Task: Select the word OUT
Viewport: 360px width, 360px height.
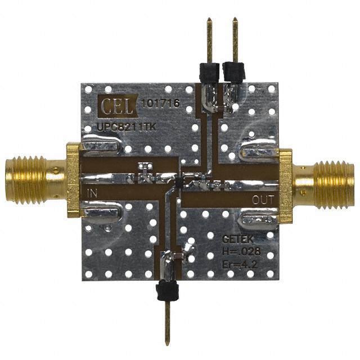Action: coord(263,199)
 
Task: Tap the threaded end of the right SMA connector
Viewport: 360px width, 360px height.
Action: coord(337,180)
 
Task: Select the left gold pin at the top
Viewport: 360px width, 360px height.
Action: coord(209,39)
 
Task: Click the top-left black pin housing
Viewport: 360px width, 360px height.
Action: coord(208,71)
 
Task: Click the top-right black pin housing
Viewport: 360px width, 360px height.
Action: coord(233,71)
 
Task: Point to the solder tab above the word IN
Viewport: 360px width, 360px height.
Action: coord(101,148)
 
